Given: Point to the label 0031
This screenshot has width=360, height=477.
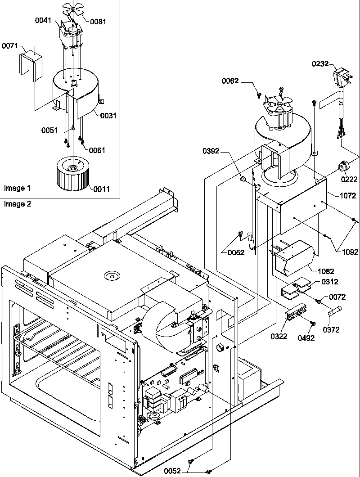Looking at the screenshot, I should tap(108, 116).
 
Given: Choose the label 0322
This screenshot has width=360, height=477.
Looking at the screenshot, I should tap(279, 335).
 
